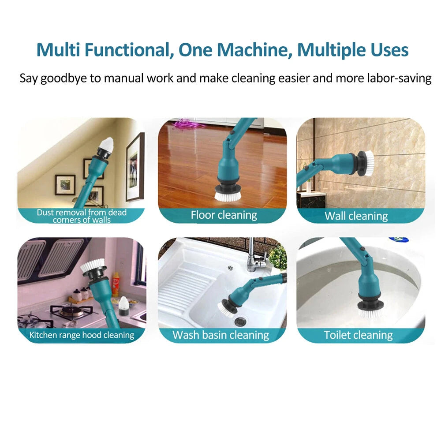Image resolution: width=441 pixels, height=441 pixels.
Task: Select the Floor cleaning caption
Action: (224, 215)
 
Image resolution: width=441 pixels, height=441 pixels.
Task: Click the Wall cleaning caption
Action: (356, 216)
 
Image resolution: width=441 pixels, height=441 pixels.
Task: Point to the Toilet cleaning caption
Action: (358, 335)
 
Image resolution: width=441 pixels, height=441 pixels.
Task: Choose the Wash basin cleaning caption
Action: (220, 335)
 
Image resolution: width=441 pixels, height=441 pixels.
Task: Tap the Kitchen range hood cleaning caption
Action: (82, 335)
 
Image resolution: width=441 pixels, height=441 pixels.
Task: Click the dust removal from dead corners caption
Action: (82, 216)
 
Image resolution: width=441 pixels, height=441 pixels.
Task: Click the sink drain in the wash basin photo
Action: (241, 321)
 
